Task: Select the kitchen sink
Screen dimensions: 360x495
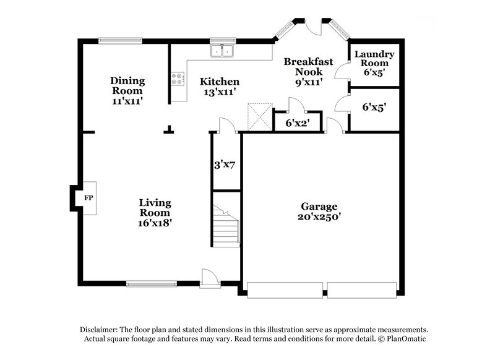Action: [223, 51]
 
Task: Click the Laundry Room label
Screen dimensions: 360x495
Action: [371, 59]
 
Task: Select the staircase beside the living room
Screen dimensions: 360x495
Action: [225, 226]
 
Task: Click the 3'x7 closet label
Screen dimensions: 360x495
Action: [225, 165]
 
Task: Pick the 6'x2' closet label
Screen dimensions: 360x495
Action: [298, 123]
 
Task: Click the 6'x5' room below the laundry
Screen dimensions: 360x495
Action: [374, 107]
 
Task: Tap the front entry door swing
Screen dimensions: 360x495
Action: [210, 278]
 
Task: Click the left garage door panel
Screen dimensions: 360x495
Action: [285, 289]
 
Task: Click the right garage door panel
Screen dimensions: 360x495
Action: [361, 289]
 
